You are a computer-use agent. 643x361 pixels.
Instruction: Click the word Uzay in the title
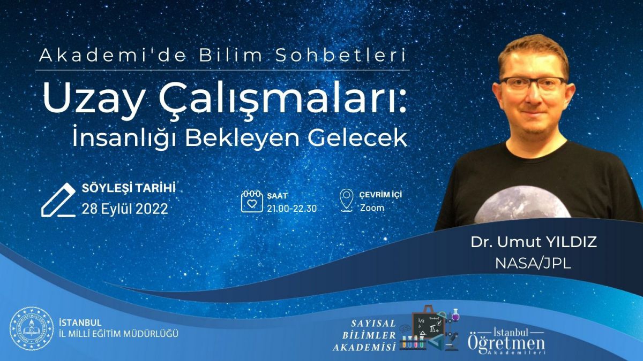tap(93, 99)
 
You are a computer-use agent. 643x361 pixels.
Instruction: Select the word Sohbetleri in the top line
tap(341, 56)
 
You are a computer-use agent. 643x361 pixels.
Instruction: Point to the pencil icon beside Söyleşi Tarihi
tap(58, 200)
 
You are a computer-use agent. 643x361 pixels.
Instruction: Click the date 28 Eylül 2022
tap(125, 209)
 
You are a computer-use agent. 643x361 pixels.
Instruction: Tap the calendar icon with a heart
tap(252, 201)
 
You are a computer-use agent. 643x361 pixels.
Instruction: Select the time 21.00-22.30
tap(292, 209)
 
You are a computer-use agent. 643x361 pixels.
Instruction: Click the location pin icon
tap(347, 200)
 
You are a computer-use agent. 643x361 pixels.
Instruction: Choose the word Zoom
tap(372, 208)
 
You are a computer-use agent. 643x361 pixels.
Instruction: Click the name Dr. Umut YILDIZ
tap(534, 242)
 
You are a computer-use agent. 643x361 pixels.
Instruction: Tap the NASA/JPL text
tap(533, 264)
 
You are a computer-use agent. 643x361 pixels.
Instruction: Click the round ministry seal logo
tap(32, 328)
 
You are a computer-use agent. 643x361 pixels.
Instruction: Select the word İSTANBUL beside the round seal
tap(80, 322)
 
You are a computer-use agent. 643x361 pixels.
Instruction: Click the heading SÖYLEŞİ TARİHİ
tap(129, 188)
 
